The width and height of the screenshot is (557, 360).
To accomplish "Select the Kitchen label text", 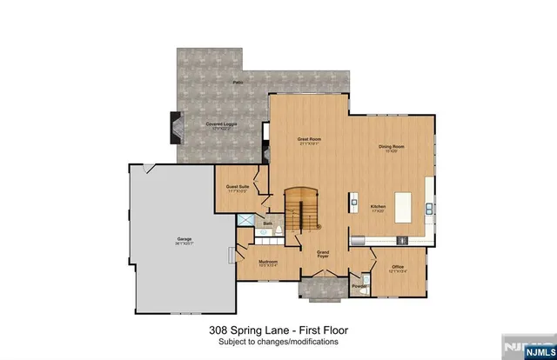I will pyautogui.click(x=378, y=208).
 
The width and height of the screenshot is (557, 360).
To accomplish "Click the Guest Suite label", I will pyautogui.click(x=238, y=188).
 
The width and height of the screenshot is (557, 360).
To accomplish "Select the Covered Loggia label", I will pyautogui.click(x=221, y=126).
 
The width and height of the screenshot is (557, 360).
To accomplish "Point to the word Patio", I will pyautogui.click(x=237, y=83).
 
